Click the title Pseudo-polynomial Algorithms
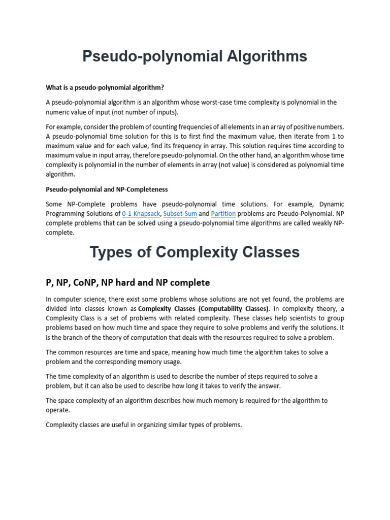(194, 56)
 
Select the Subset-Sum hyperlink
(180, 214)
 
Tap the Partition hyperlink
(223, 214)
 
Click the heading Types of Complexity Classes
(194, 252)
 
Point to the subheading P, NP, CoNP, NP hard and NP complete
(127, 282)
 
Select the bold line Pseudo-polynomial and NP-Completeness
(107, 189)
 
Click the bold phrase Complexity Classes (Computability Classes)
(203, 309)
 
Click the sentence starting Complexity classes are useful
(144, 425)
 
